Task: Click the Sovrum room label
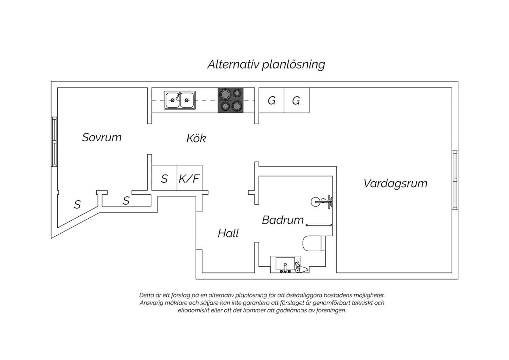point(102,137)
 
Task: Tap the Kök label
point(196,138)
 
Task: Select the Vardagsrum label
point(395,184)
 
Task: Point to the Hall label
point(228,233)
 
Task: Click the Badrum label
point(283,220)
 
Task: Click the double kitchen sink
point(180,100)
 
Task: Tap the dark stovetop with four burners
point(230,100)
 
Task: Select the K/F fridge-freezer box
point(189,178)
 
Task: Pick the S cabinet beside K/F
point(164,178)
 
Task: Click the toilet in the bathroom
point(314,243)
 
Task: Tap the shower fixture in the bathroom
point(322,201)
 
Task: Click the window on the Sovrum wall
point(54,142)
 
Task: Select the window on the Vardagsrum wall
point(455,180)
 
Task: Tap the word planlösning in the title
point(294,65)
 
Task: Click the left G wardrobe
point(271,100)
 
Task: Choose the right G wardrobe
point(297,100)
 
